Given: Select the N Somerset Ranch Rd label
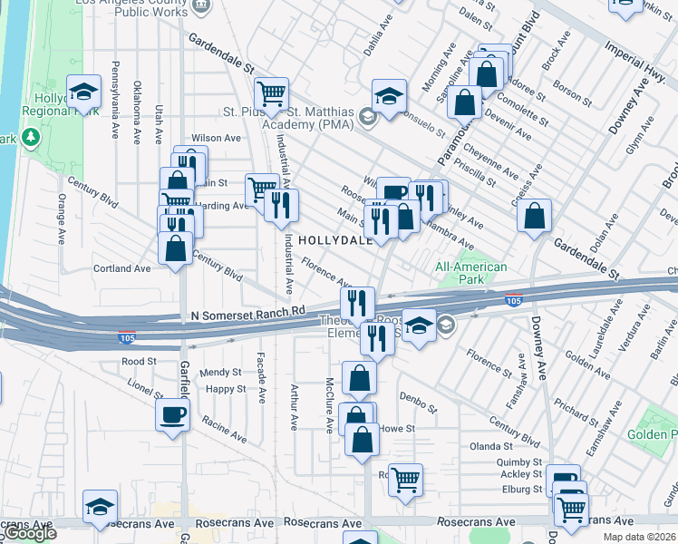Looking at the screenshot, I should (x=247, y=313).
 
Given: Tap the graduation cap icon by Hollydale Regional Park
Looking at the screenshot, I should (x=83, y=92).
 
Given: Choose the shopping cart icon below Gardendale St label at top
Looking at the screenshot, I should (x=271, y=93).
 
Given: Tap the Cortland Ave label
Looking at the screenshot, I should (x=121, y=268).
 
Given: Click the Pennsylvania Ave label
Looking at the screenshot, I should (x=116, y=101).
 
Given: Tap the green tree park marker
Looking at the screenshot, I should (x=32, y=137).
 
